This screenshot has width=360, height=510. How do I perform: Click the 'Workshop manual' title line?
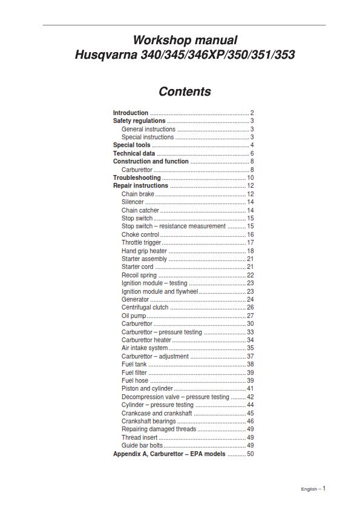185,40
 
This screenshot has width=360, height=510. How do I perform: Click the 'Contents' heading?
185,91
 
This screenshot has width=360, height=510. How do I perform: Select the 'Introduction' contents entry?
131,113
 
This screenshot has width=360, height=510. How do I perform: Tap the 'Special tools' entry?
132,145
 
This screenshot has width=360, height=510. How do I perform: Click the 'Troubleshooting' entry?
137,178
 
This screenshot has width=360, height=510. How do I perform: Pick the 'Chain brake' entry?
138,194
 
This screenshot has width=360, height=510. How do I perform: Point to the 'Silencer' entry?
133,202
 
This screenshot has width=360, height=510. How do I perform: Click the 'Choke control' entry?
140,235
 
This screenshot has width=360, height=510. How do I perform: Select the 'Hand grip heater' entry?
144,251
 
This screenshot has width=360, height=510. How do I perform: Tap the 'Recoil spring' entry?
139,275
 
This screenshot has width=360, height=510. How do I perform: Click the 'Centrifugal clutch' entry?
145,308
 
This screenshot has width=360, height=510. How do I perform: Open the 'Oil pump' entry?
133,316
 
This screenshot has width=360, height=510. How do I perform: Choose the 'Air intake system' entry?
145,348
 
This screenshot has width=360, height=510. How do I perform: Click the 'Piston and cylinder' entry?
146,389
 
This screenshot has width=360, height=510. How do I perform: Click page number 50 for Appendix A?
250,454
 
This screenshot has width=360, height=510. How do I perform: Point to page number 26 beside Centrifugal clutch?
250,308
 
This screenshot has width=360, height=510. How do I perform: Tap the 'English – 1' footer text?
313,489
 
